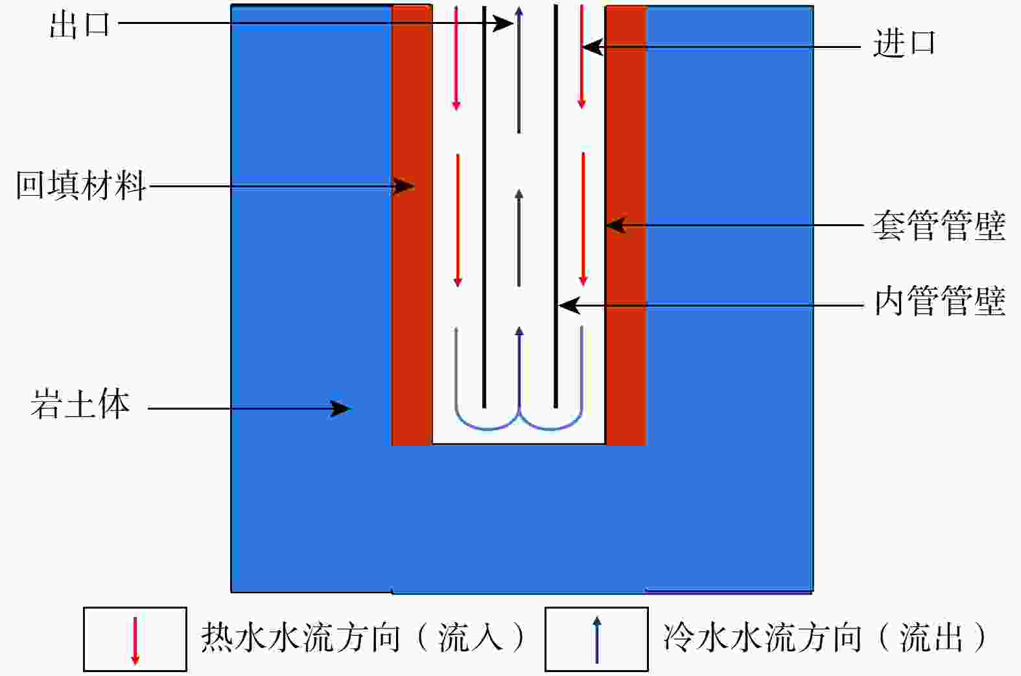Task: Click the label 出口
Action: [x=80, y=25]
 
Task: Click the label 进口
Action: [x=904, y=44]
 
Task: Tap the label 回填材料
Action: [x=81, y=186]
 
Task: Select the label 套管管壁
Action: [x=939, y=226]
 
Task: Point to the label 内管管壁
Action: [x=939, y=301]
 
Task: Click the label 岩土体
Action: [x=80, y=404]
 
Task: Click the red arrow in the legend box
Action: [x=135, y=640]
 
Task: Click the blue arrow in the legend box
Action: [x=597, y=640]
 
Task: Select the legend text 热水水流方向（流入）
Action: [x=364, y=638]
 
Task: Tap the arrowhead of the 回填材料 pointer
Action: [x=406, y=187]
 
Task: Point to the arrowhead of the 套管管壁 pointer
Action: [x=614, y=226]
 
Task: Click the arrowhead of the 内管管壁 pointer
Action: [x=568, y=305]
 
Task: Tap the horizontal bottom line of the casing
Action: [x=519, y=444]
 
